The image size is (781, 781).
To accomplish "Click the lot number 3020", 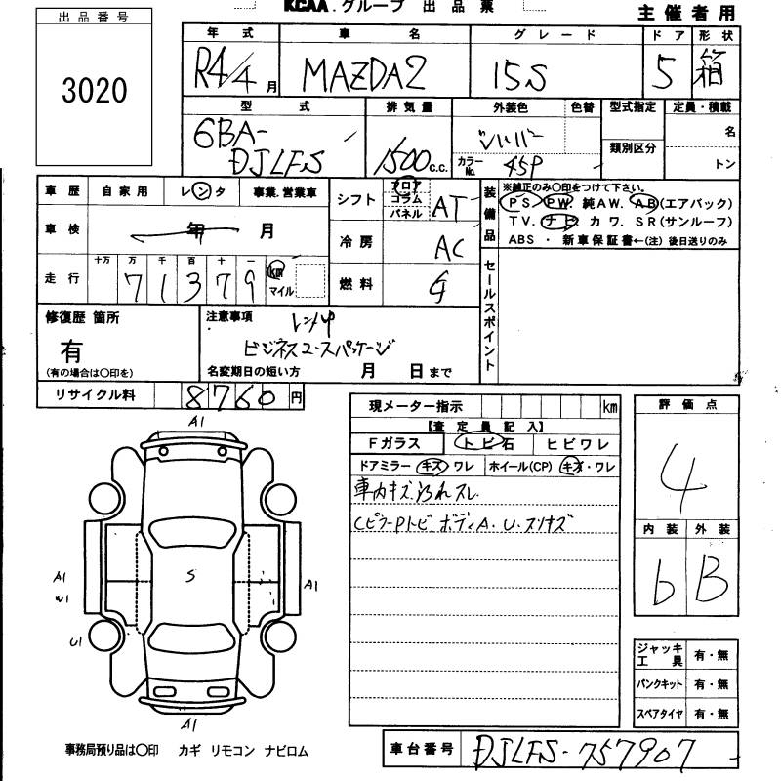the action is (95, 91).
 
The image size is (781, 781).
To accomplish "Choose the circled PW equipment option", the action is (559, 203).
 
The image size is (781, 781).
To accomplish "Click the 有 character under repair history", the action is (71, 350).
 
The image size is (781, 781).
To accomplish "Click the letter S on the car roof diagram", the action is (190, 576).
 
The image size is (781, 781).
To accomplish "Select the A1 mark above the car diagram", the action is (196, 421).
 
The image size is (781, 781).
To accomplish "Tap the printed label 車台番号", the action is (420, 749).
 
